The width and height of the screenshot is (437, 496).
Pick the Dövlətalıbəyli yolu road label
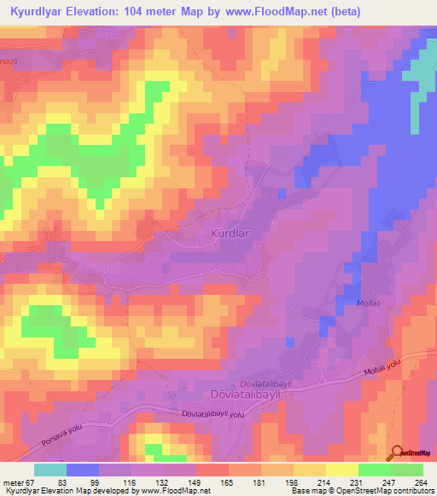coord(213,414)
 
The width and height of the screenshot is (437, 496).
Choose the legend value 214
coord(324,483)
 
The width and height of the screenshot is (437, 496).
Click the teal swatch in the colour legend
coord(50,470)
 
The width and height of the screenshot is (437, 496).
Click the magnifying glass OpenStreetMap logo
coord(397,452)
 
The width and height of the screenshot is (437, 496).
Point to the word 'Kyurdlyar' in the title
coord(43,12)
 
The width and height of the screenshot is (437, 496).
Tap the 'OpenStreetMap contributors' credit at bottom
coord(398,492)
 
